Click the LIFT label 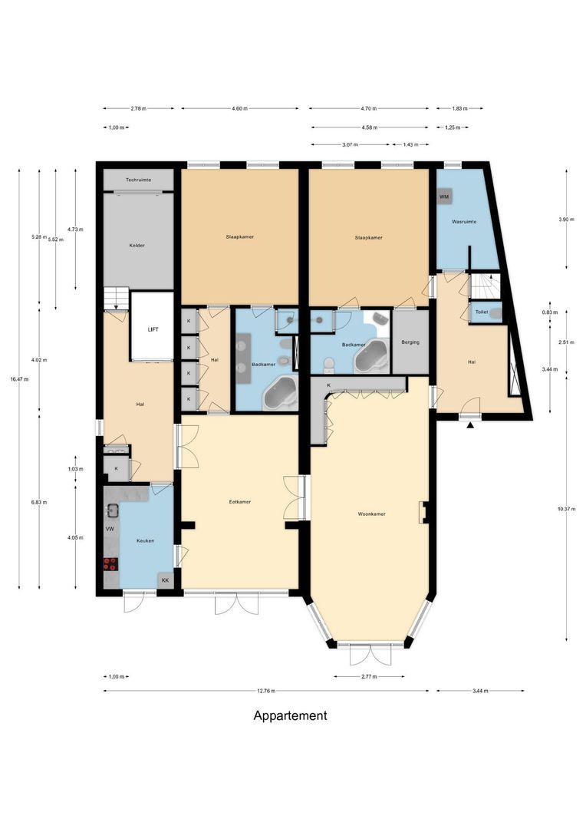point(152,329)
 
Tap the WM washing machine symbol point(444,197)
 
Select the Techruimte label point(139,180)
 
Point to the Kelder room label point(137,245)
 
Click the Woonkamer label point(372,514)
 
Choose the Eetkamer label point(240,502)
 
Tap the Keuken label point(145,540)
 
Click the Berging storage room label point(410,342)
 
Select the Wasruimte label point(464,221)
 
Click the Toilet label point(482,312)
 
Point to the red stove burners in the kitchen point(110,564)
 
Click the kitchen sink point(112,509)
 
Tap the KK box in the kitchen point(165,580)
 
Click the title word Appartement point(290,715)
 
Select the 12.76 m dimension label point(266,691)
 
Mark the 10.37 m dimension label point(566,509)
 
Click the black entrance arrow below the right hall point(471,424)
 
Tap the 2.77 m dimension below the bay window point(369,677)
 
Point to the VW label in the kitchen point(110,530)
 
